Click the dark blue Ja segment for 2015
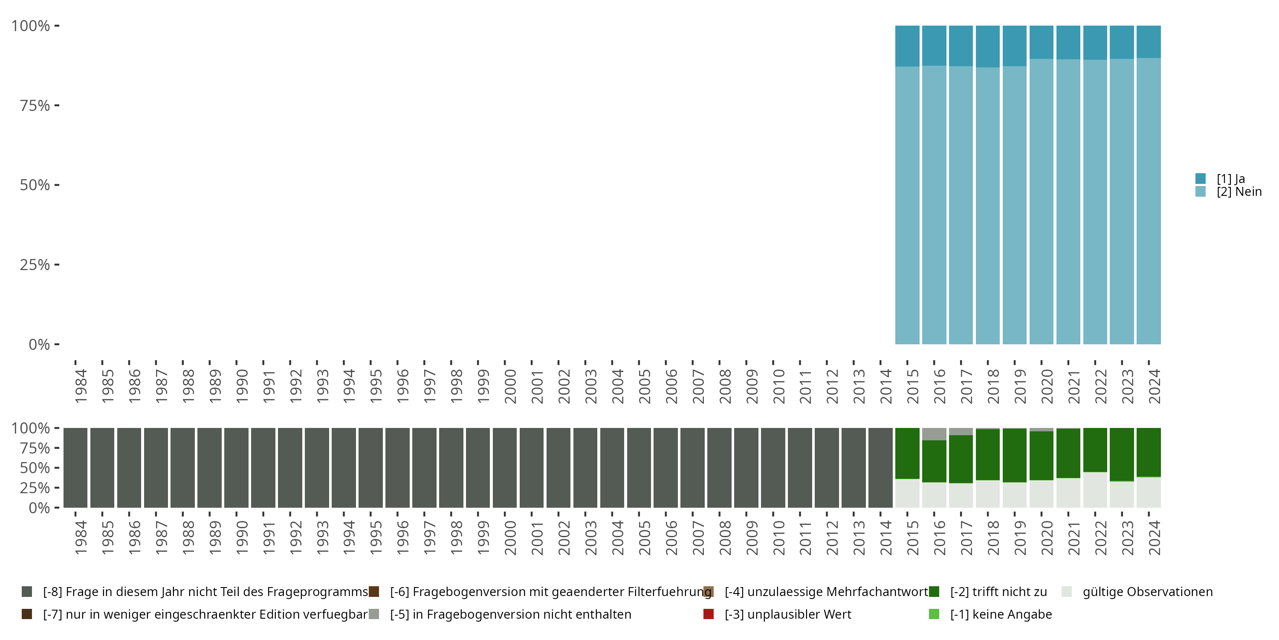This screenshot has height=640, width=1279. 907,46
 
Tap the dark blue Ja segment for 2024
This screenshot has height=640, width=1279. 1149,42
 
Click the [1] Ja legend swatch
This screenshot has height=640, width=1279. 1201,178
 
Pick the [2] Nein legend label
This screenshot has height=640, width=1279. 1239,192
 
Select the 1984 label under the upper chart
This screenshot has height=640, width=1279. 81,386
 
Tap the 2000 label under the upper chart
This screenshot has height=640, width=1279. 510,386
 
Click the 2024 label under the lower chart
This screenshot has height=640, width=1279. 1155,538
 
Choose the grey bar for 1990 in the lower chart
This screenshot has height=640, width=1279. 236,468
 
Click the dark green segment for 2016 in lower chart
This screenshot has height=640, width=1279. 934,461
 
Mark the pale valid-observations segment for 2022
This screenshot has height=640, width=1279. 1095,490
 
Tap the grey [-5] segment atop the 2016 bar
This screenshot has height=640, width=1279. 934,434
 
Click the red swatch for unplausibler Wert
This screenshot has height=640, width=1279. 709,614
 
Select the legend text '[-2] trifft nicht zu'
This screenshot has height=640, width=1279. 998,592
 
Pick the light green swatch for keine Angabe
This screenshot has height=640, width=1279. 934,614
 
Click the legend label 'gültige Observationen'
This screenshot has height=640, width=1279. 1147,592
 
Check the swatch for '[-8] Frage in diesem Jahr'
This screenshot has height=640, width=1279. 27,592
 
